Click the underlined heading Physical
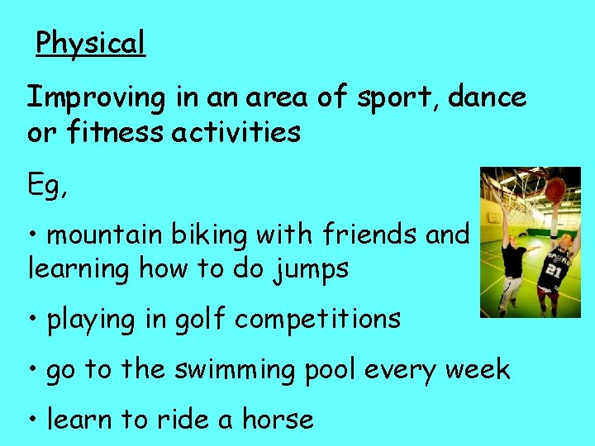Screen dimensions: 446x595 coord(90,42)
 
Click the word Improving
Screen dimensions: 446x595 coord(96,98)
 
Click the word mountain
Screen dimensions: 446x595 coord(105,235)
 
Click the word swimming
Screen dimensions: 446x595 coord(234,370)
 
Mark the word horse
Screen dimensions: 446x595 coord(278,419)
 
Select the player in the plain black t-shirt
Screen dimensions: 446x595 coord(512,264)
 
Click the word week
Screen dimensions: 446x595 coord(478,369)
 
